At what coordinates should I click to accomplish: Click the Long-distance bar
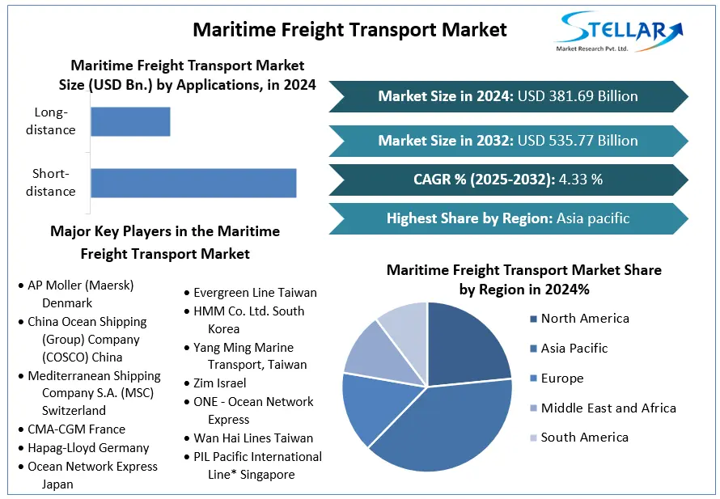130,121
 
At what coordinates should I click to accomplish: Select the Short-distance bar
193,183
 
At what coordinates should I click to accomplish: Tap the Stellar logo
619,32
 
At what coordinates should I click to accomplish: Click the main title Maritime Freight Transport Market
349,30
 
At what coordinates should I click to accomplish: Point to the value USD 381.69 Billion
578,96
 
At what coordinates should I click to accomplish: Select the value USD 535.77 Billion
578,141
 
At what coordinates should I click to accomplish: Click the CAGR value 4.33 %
580,180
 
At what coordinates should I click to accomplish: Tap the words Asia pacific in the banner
593,218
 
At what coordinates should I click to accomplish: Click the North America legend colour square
533,319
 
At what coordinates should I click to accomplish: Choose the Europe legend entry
561,378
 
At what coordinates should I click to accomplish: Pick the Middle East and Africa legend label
608,408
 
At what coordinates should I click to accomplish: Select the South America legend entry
584,438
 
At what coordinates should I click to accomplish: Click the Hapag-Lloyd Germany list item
88,448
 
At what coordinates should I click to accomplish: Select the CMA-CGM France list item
76,429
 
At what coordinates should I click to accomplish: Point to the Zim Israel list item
219,383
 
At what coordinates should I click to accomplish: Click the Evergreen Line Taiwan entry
254,293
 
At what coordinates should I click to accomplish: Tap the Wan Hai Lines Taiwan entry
252,438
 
